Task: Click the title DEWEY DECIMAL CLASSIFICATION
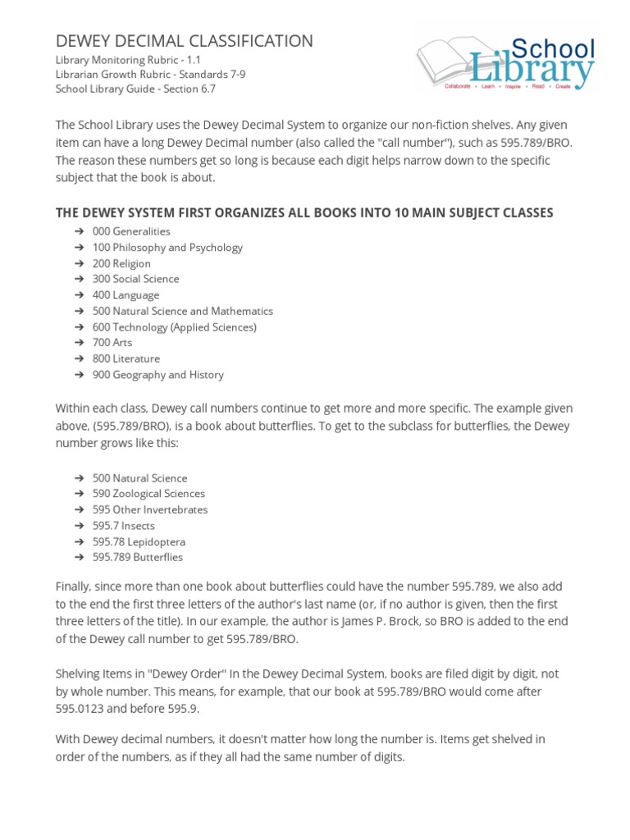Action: click(184, 41)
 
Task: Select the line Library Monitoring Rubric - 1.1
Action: click(127, 60)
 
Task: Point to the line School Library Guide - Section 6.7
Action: click(135, 89)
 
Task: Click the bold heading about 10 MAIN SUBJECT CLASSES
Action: click(304, 212)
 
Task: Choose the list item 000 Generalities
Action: click(131, 231)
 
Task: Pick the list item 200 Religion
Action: click(121, 263)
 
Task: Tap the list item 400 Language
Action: click(126, 294)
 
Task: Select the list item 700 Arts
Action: click(112, 342)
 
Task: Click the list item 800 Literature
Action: click(126, 358)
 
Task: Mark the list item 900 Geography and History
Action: click(157, 375)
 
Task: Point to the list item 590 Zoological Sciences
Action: click(148, 494)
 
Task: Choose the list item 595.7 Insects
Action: click(123, 526)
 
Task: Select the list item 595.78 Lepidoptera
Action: click(139, 541)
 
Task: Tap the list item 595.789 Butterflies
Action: click(138, 557)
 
